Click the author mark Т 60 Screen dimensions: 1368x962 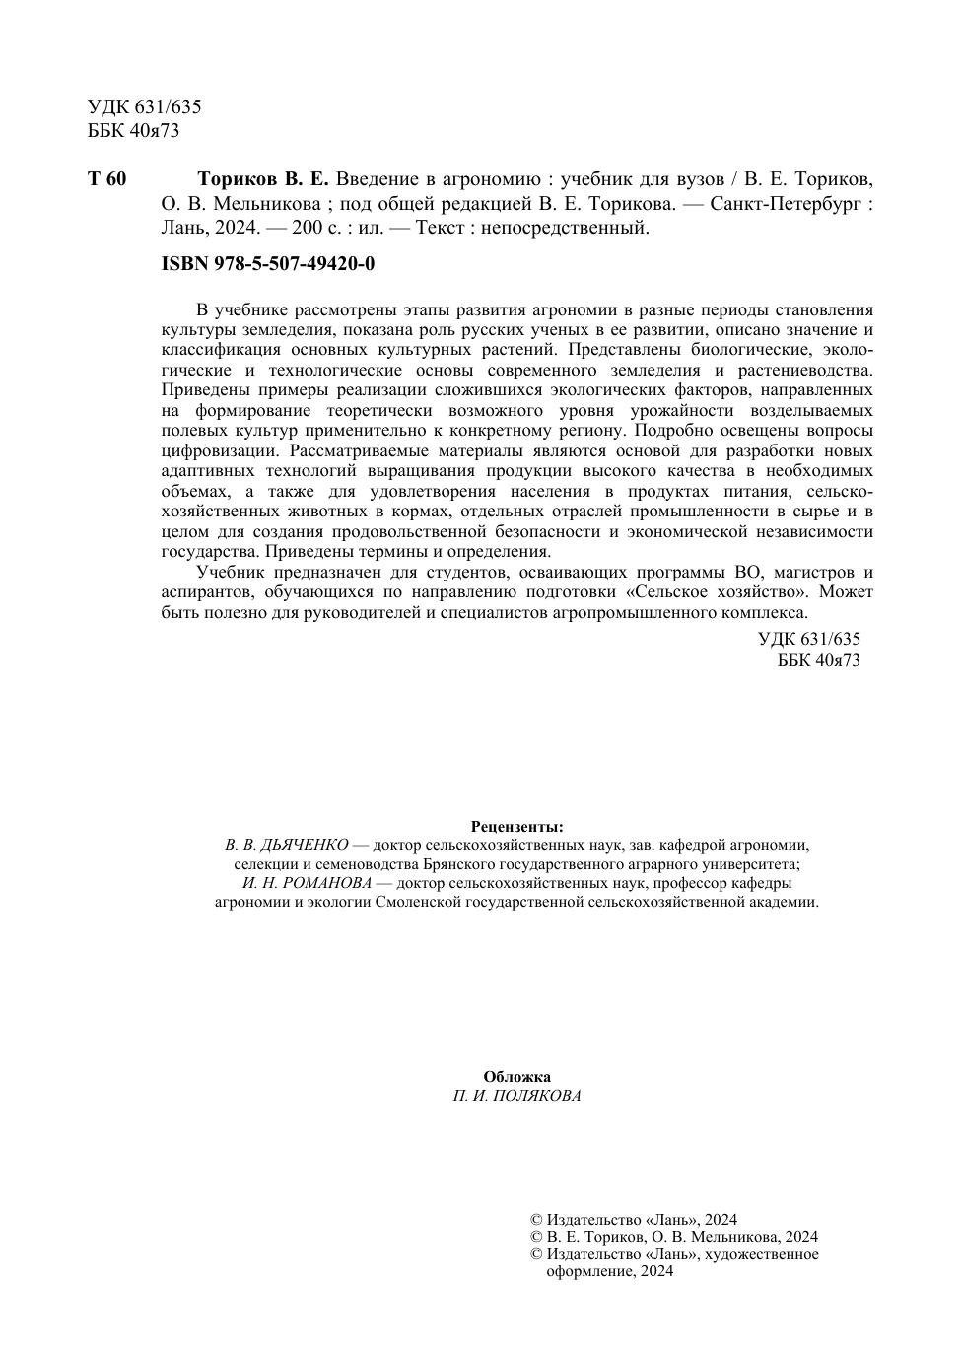pos(107,179)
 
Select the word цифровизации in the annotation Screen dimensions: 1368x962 pos(209,450)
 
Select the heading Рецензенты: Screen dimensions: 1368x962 pos(517,826)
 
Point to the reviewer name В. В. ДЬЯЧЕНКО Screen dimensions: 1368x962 pos(287,845)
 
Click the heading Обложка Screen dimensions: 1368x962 pos(517,1076)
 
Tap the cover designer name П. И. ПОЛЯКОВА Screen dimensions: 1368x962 pos(517,1096)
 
